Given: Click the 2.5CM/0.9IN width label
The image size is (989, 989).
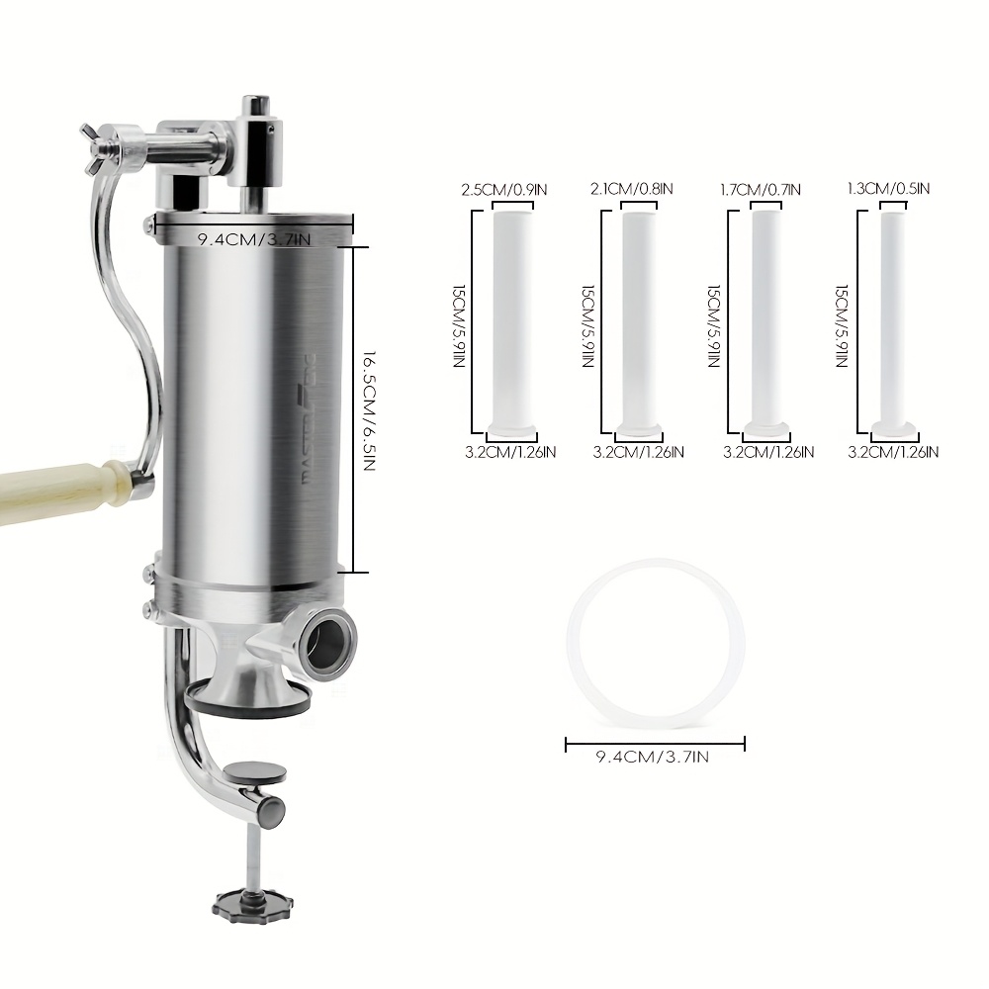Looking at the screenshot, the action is pyautogui.click(x=504, y=189).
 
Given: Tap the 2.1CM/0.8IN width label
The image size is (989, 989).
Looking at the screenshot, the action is pyautogui.click(x=632, y=189).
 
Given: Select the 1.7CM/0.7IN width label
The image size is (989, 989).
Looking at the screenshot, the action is pyautogui.click(x=761, y=189).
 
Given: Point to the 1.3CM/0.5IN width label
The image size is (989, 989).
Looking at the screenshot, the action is pyautogui.click(x=888, y=189).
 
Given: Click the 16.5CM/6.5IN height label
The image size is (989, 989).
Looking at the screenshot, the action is pyautogui.click(x=369, y=410).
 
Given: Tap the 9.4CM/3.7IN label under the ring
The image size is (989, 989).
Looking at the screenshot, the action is pyautogui.click(x=653, y=757).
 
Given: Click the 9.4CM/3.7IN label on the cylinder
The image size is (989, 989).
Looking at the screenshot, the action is pyautogui.click(x=254, y=239).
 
